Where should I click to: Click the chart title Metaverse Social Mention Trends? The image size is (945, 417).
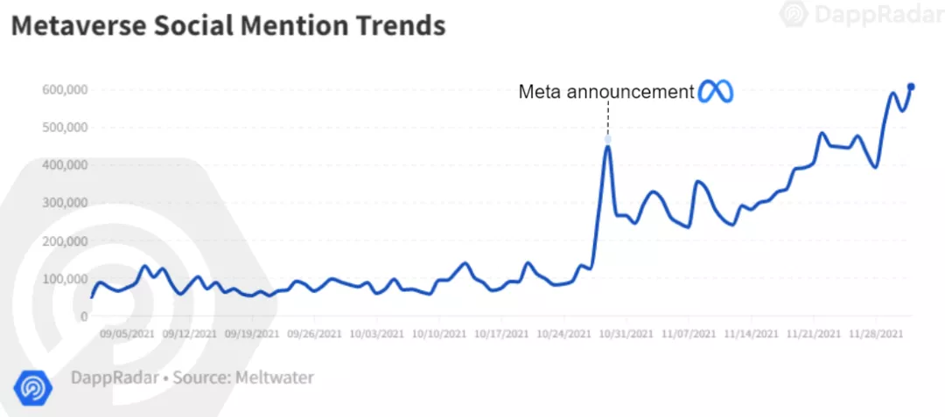click(x=227, y=26)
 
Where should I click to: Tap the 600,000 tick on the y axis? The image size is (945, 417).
click(x=64, y=89)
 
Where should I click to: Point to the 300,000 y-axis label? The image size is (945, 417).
click(x=64, y=203)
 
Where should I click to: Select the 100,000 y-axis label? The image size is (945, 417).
click(x=64, y=279)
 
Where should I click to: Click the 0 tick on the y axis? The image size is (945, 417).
click(x=83, y=316)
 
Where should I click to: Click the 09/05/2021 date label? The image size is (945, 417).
click(x=129, y=334)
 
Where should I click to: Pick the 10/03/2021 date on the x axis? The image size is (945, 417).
click(x=378, y=334)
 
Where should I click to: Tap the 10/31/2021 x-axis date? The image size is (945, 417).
click(x=627, y=334)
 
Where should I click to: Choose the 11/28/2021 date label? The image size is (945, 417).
click(x=877, y=334)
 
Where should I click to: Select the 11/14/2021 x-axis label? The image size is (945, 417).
click(x=752, y=334)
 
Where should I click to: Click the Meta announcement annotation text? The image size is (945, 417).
click(x=606, y=92)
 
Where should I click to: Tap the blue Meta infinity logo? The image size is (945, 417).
click(x=715, y=92)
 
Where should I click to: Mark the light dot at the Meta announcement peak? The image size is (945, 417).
click(x=607, y=140)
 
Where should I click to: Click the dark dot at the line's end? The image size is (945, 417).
click(x=911, y=87)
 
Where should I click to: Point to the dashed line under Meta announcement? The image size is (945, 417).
click(x=607, y=119)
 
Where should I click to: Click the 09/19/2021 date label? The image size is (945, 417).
click(x=253, y=334)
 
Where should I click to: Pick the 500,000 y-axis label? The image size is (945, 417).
click(x=64, y=128)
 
